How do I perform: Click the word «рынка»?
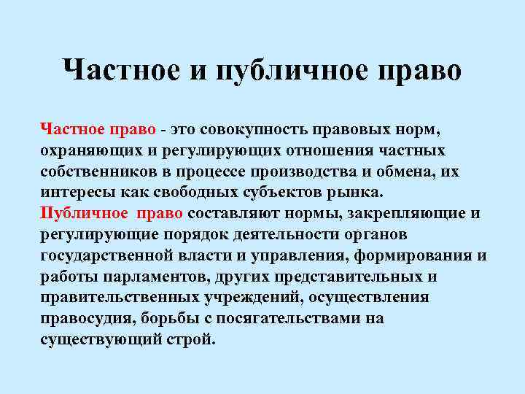pyautogui.click(x=357, y=193)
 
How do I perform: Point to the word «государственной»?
pyautogui.click(x=108, y=256)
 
